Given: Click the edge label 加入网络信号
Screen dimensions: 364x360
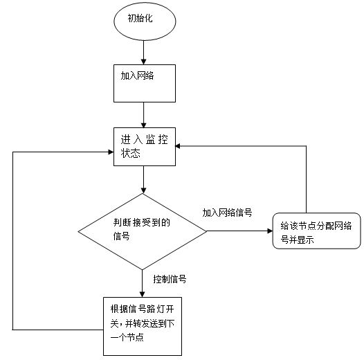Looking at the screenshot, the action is pyautogui.click(x=227, y=213).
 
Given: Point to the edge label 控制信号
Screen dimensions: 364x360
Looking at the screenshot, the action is pyautogui.click(x=170, y=279).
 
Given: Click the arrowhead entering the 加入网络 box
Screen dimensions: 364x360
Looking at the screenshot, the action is pyautogui.click(x=143, y=62).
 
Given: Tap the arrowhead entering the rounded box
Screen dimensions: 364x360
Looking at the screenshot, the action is pyautogui.click(x=270, y=231).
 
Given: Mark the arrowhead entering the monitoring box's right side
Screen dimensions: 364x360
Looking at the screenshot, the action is pyautogui.click(x=179, y=146).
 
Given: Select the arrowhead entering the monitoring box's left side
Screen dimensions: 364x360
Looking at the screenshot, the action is pyautogui.click(x=111, y=152).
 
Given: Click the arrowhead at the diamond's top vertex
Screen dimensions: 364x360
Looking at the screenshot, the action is pyautogui.click(x=143, y=190).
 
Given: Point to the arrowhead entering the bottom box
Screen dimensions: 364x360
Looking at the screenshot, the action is pyautogui.click(x=143, y=294).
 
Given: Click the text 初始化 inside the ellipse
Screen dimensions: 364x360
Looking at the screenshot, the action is pyautogui.click(x=140, y=18).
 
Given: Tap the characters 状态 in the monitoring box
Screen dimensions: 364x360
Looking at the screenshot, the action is pyautogui.click(x=131, y=153).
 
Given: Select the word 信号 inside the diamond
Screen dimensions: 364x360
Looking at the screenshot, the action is pyautogui.click(x=121, y=236).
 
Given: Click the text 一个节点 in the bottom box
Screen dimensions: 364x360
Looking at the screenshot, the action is pyautogui.click(x=127, y=337).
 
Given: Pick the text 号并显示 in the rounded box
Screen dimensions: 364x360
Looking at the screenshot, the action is pyautogui.click(x=297, y=240).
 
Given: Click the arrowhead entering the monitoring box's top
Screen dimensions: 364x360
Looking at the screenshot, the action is pyautogui.click(x=143, y=125).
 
